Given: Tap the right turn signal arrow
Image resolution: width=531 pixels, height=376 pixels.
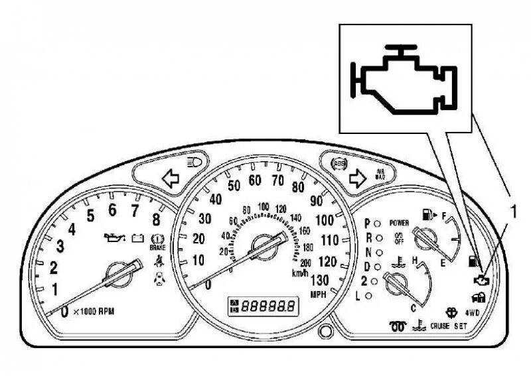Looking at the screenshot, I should tap(358, 177).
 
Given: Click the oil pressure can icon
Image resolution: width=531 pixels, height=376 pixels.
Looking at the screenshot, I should tap(114, 237).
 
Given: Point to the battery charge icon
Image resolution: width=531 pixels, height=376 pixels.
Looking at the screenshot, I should tap(137, 237).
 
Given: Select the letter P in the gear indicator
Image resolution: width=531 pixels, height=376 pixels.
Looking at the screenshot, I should tap(367, 223).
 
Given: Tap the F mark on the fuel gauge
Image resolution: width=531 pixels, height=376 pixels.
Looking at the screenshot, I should tap(443, 216).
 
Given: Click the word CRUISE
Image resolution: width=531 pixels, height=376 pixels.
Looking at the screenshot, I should tap(439, 327).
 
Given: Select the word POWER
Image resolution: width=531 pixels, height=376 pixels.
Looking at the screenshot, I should tap(399, 223).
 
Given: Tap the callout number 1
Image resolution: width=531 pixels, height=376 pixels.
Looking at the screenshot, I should tap(512, 212).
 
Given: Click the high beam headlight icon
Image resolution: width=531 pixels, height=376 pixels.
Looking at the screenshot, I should tap(197, 160).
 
